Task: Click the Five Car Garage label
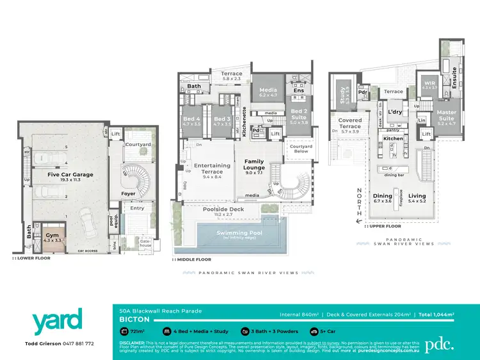[70, 174]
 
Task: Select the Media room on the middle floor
[269, 92]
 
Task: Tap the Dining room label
[382, 198]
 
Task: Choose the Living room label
[417, 198]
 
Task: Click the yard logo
[58, 321]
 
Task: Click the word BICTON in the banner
[135, 318]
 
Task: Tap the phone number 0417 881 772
[77, 343]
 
